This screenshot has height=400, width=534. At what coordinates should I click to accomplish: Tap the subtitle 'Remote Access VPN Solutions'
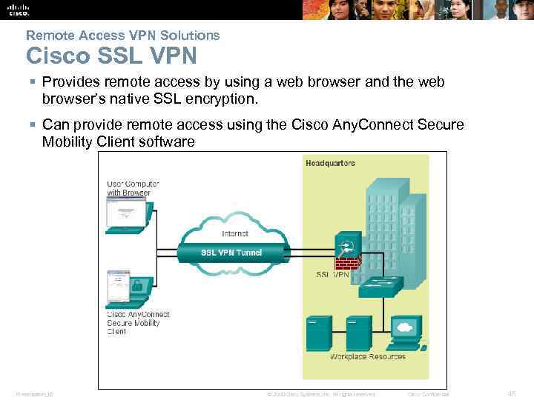point(122,35)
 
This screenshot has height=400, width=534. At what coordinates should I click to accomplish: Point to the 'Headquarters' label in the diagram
point(331,163)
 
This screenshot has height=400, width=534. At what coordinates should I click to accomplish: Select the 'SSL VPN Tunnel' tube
point(231,252)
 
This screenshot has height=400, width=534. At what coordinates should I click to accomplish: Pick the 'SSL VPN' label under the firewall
point(332,275)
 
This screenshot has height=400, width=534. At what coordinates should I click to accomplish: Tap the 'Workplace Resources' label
point(368,357)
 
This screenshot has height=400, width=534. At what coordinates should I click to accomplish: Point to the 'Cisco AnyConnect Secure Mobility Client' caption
point(139,323)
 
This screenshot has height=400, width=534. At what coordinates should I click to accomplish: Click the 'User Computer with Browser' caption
point(132,188)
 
